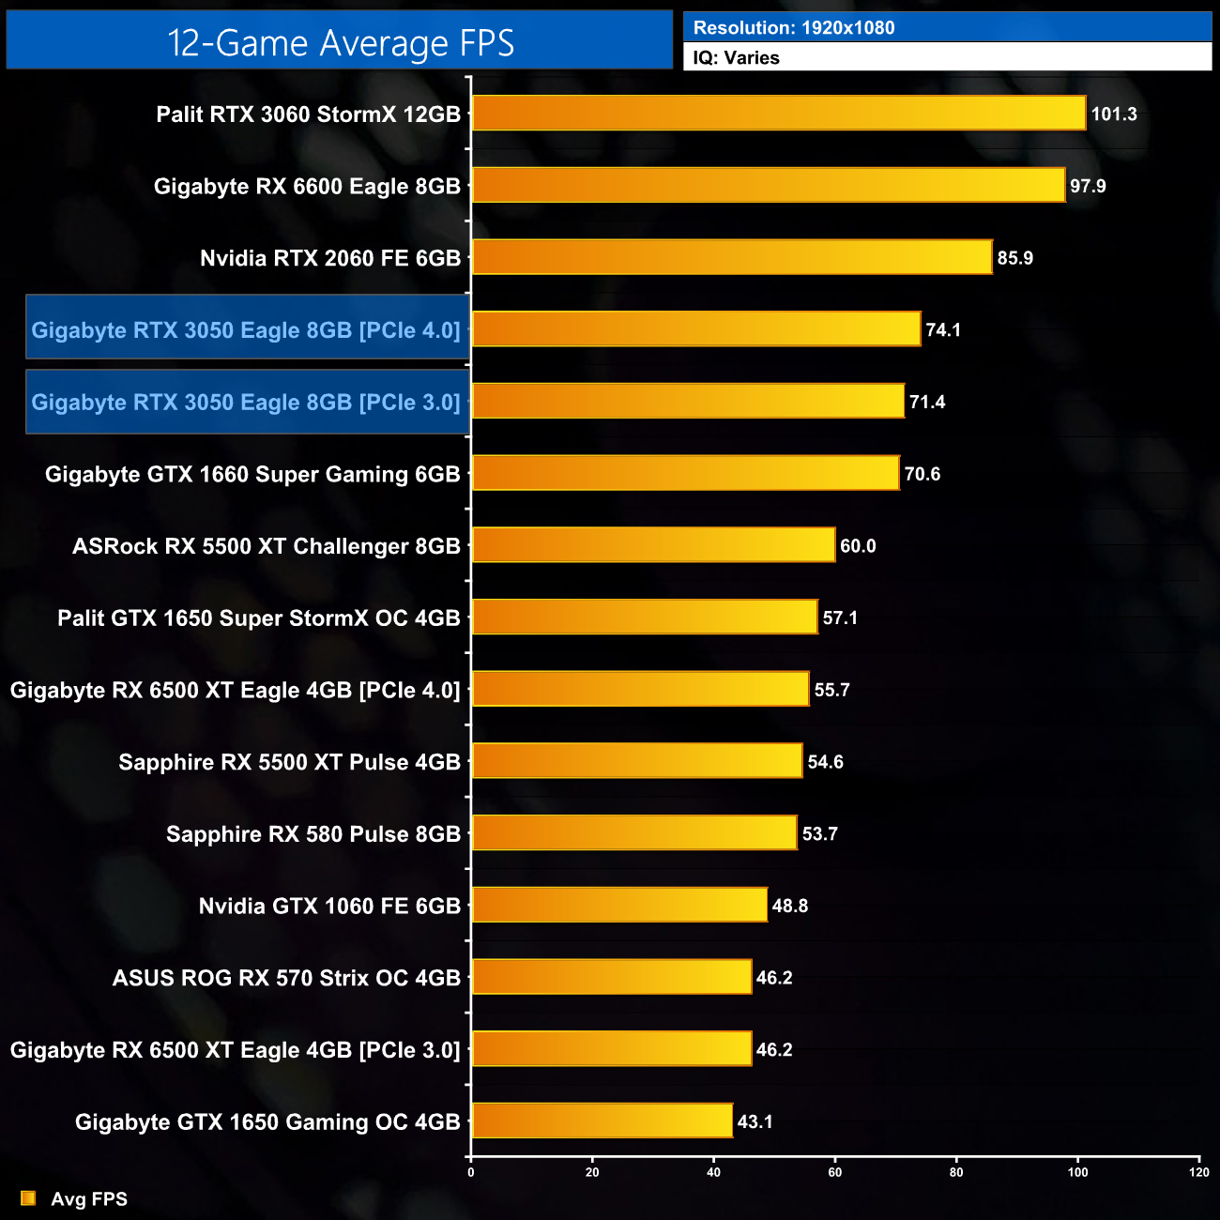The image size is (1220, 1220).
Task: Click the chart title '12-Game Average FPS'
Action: [x=340, y=43]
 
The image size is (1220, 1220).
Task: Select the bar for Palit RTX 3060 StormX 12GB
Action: [x=778, y=114]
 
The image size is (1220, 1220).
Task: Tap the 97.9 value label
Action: [x=1088, y=186]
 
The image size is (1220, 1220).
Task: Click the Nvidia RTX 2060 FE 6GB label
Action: [x=329, y=258]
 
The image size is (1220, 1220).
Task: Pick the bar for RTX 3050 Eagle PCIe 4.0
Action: [x=695, y=329]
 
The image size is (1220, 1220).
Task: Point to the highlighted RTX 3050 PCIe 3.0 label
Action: [x=246, y=403]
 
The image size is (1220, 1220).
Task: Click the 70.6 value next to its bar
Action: [x=922, y=474]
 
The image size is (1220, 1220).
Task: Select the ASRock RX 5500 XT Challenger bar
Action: [x=653, y=545]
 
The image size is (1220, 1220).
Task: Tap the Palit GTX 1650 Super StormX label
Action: [x=258, y=618]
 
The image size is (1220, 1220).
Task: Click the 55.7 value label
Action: [x=831, y=690]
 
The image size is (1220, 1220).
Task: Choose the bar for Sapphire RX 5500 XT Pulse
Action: [x=637, y=761]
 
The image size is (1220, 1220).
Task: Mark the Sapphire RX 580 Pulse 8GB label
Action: [x=313, y=834]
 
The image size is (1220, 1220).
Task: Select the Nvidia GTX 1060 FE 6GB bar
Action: [x=619, y=906]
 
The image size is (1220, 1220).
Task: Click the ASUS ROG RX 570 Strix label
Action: [x=286, y=978]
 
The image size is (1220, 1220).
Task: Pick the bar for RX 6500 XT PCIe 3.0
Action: [x=611, y=1049]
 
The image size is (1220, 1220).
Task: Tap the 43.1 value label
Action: [x=755, y=1121]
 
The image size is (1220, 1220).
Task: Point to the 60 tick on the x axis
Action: [x=835, y=1171]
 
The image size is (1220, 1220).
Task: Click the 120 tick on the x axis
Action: [x=1198, y=1171]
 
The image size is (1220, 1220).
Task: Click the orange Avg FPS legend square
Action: [x=28, y=1198]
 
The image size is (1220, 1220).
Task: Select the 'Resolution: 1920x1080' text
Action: [x=794, y=28]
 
